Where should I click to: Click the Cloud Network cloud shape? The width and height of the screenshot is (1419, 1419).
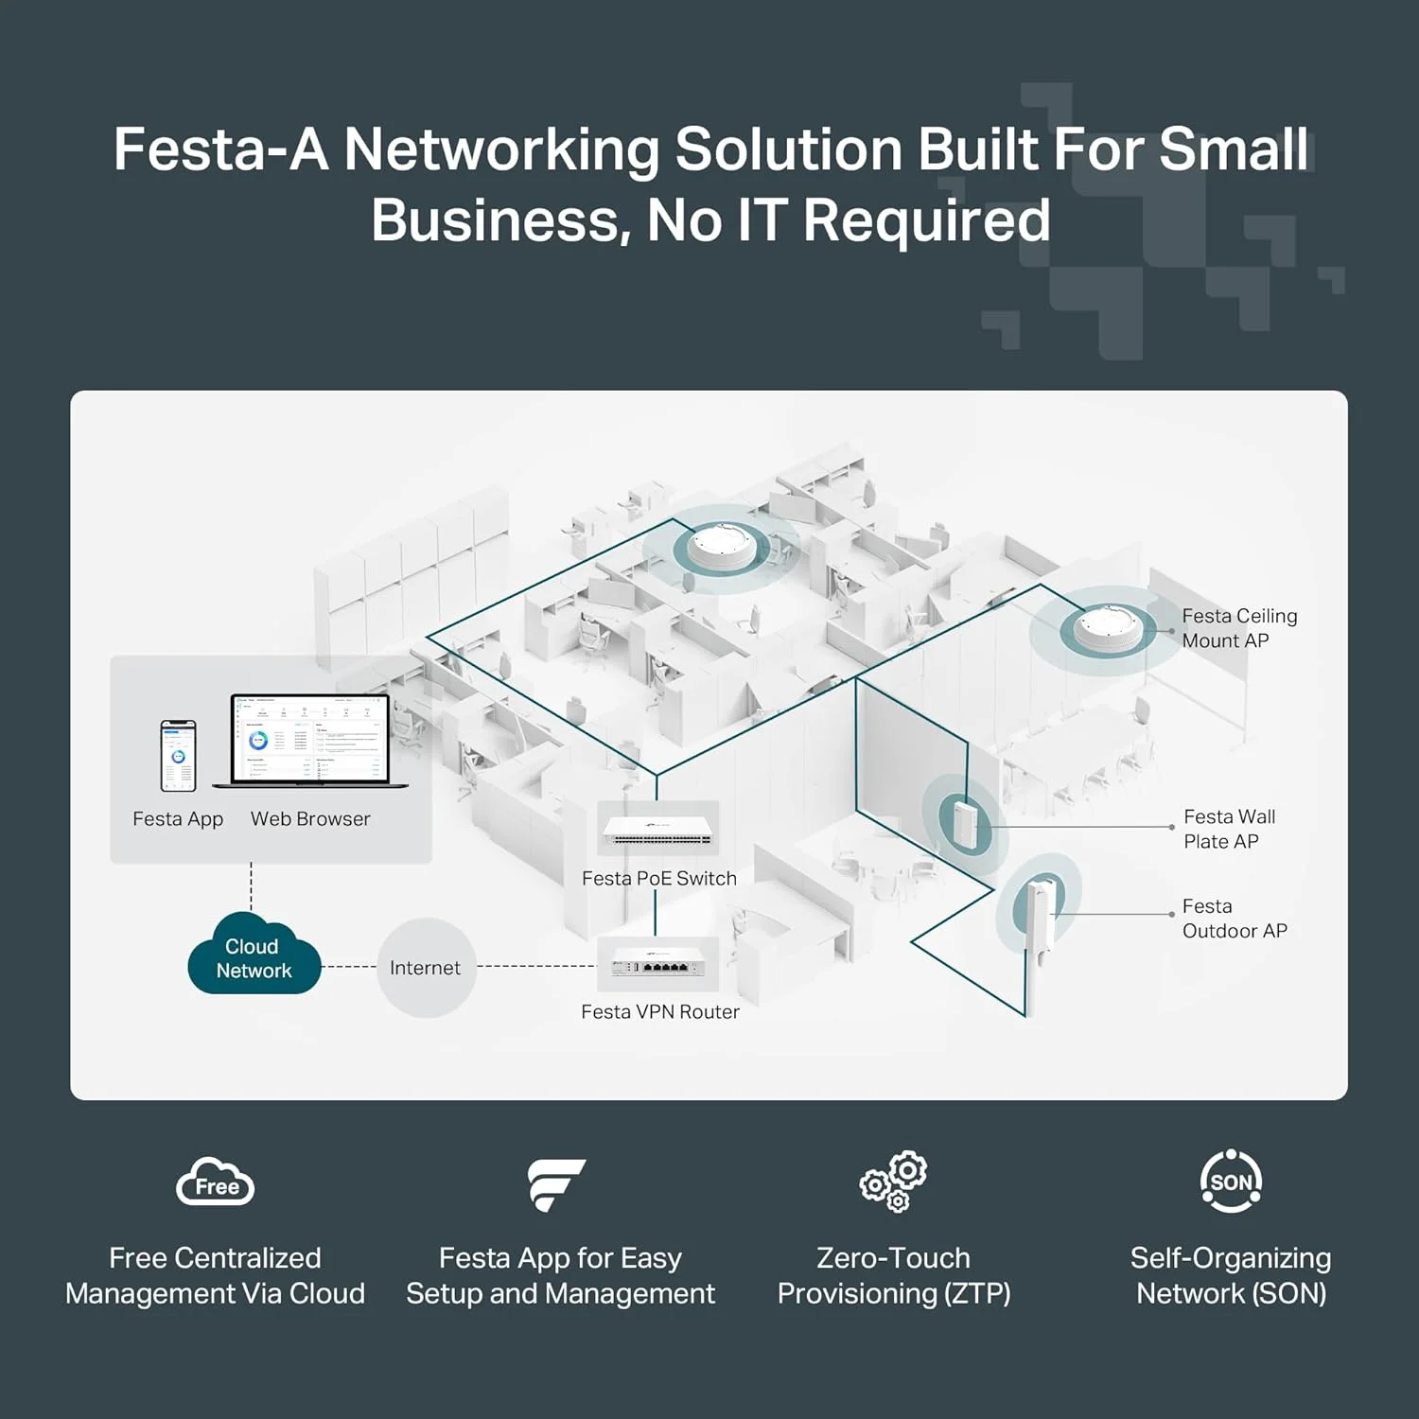254,955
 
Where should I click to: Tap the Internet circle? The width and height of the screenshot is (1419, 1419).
426,968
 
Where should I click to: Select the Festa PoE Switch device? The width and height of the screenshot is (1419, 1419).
658,830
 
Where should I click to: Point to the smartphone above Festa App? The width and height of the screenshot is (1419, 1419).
178,755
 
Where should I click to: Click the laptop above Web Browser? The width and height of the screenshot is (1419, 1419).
310,742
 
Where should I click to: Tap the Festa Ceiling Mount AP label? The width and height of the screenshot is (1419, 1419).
1238,628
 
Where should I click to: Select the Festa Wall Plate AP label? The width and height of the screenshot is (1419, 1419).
1229,829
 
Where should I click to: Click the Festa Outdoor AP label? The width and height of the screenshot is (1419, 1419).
1234,919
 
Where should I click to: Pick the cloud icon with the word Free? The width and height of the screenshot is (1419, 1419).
216,1182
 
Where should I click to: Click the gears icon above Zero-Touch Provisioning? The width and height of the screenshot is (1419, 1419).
894,1182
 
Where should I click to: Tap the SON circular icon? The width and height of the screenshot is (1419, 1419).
1231,1182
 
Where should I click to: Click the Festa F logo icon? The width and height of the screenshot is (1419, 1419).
556,1183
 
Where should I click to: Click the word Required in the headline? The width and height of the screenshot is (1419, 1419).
926,220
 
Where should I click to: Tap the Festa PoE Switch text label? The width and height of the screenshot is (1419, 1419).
658,879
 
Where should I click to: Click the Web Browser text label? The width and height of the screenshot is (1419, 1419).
310,819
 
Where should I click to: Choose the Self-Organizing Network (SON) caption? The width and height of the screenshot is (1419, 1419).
1231,1275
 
